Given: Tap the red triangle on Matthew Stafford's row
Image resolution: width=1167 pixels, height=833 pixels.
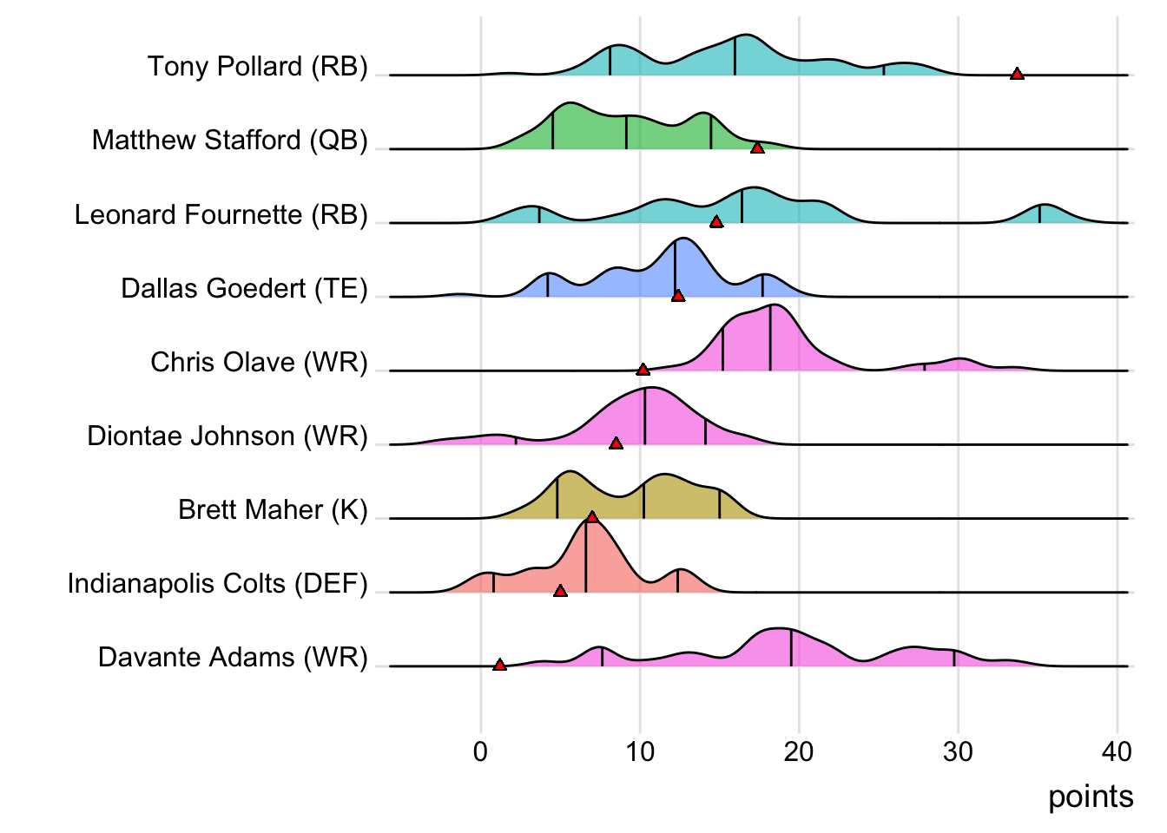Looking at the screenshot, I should (757, 148).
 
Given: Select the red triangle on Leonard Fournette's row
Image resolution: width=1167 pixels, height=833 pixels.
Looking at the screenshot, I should (716, 222).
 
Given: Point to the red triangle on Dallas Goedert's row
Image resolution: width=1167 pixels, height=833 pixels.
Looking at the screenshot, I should (678, 296).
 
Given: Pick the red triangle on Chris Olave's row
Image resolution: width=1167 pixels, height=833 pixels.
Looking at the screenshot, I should (643, 370).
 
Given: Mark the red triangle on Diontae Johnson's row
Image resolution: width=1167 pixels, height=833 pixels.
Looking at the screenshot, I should (616, 443).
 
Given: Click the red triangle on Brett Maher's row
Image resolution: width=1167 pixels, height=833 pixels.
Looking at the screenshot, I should (592, 517).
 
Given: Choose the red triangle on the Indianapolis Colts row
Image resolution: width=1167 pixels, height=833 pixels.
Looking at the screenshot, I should (560, 591).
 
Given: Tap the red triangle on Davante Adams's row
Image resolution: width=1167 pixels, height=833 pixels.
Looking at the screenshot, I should (499, 665).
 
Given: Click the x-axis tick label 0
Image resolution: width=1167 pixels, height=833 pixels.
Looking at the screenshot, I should (480, 751).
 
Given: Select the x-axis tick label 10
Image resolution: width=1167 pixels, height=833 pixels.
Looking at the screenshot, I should (640, 751).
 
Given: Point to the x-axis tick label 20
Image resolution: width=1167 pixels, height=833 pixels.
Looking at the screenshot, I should (799, 751).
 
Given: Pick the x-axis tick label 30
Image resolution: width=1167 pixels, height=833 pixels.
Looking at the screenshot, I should (958, 751).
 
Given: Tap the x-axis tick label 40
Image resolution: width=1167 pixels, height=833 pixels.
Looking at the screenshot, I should (1117, 751).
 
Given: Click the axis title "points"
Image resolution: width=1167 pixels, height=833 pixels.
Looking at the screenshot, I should (1091, 797).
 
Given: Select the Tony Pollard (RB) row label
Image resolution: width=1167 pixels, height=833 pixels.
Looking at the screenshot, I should (258, 67).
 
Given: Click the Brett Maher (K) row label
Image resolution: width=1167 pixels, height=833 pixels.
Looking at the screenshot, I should (273, 509).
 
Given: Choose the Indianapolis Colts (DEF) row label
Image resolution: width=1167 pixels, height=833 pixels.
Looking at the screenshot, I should (218, 583).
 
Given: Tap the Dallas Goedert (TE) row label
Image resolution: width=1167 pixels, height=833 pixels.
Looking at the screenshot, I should (245, 288).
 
